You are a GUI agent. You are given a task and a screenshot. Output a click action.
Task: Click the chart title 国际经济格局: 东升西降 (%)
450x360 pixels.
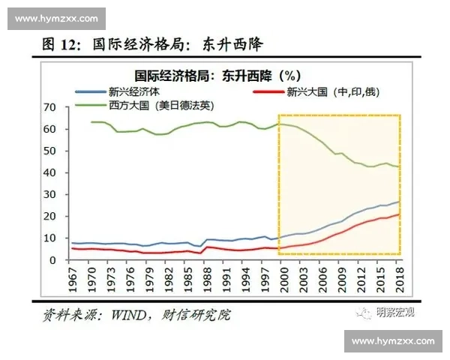217,76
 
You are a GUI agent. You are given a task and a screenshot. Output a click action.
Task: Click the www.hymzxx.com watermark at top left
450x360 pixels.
56,17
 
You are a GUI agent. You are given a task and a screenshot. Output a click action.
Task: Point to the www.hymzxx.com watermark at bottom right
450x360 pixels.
392,341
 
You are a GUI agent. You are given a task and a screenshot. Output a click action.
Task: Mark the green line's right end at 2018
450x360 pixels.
398,166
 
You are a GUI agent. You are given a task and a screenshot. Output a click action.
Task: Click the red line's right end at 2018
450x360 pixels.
398,214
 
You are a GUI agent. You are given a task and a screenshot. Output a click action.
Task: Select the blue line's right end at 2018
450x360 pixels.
398,202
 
